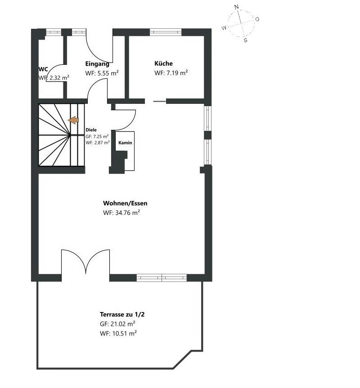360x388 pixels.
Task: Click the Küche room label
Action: [163, 63]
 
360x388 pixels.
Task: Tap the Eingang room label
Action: [97, 64]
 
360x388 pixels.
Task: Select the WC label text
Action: [43, 69]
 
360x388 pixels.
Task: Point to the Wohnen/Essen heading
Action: [125, 203]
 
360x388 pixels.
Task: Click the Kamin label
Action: [125, 143]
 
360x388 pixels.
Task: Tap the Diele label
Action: [91, 130]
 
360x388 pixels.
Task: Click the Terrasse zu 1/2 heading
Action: [122, 315]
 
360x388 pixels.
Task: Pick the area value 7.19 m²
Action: [176, 73]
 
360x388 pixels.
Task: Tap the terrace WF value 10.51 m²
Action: [125, 333]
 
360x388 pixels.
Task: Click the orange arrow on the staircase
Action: [73, 120]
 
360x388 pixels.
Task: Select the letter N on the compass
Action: [236, 7]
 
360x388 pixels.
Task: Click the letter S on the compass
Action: [245, 40]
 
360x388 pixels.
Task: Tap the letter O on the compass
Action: [257, 19]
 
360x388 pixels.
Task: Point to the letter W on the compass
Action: [224, 28]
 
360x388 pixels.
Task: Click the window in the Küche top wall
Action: [166, 32]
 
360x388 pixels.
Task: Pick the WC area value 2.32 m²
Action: [59, 78]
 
